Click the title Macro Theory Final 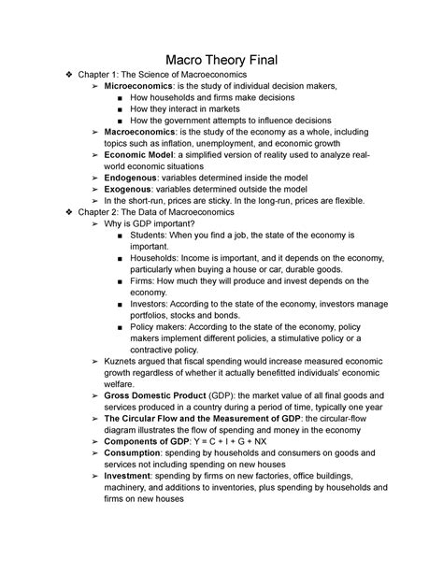coord(221,58)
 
